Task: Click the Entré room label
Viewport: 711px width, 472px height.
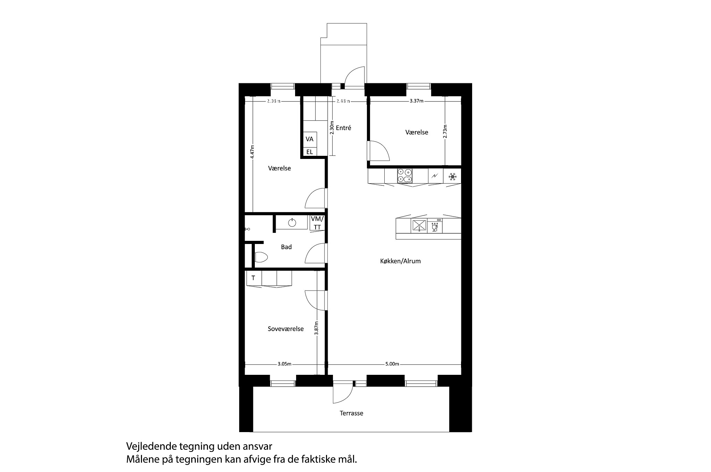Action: [x=343, y=128]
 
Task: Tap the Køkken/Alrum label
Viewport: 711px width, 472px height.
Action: [x=400, y=261]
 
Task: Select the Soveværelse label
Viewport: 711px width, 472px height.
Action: [x=286, y=329]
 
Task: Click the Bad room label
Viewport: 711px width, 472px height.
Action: [x=286, y=247]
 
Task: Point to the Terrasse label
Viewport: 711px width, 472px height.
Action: [x=352, y=413]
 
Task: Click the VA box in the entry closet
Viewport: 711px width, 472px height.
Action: [x=309, y=139]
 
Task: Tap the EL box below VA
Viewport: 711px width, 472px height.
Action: [x=309, y=152]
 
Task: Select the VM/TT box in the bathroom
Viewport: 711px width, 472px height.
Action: [x=317, y=223]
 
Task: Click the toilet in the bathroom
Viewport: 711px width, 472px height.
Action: [x=261, y=257]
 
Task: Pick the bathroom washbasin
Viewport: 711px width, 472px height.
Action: [x=292, y=222]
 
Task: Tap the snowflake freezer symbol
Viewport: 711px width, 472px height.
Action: [x=452, y=177]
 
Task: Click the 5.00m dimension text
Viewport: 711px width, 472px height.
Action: [x=392, y=364]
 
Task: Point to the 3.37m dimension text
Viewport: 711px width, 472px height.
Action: [x=416, y=101]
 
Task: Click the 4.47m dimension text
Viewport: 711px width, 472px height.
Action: [x=252, y=152]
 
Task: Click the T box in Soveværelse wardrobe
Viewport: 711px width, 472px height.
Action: [x=253, y=278]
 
